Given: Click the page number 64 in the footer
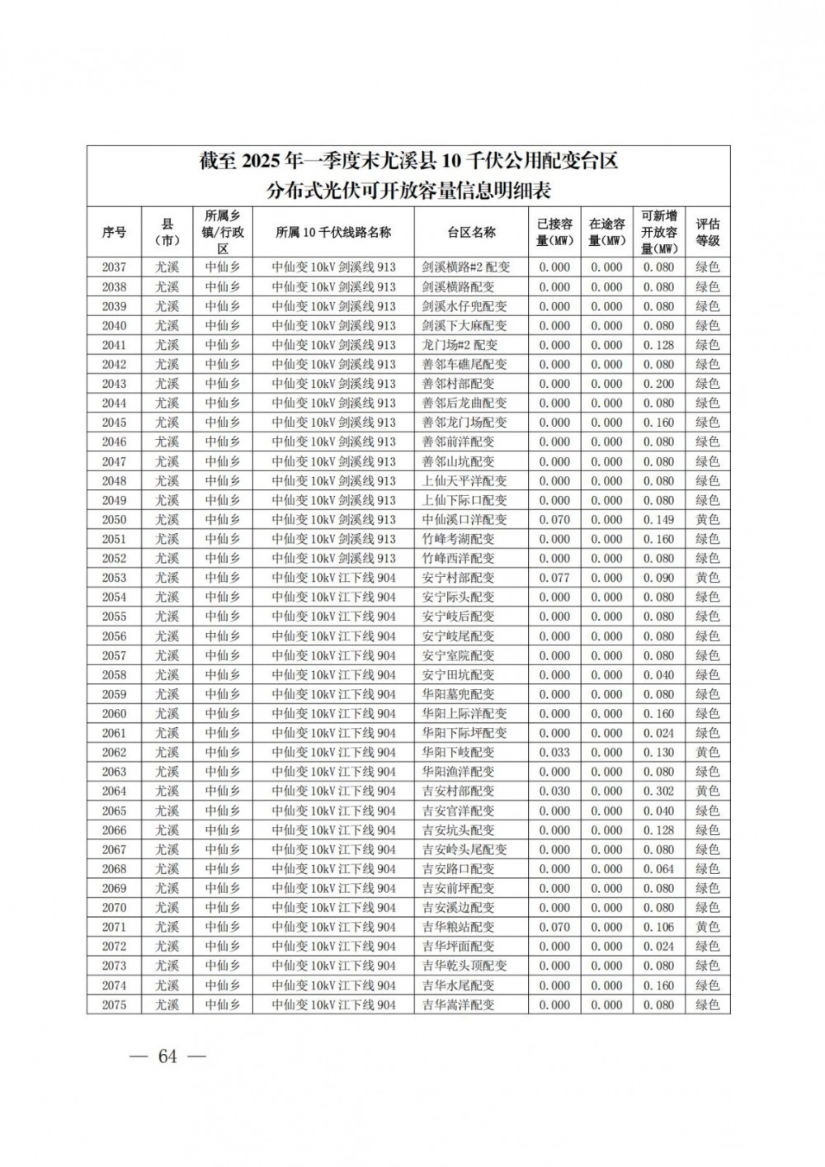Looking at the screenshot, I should point(167,1057).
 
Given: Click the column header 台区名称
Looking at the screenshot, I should point(471,233).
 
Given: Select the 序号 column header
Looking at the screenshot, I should point(114,233).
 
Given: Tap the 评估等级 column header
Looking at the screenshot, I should point(707,233).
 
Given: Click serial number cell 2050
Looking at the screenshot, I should point(114,520).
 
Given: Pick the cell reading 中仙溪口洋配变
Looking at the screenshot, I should point(464,520).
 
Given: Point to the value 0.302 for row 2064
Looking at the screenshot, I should point(658,791).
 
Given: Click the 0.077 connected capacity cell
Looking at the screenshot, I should point(554,578).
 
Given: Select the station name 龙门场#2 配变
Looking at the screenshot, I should point(460,345).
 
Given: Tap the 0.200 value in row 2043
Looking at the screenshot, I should point(658,384).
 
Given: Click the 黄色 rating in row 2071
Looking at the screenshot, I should point(707,927).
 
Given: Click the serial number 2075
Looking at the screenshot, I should point(114,1004).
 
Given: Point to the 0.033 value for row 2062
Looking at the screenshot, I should point(554,753).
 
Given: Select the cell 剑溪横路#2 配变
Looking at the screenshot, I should point(466,267).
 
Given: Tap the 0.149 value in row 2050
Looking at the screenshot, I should point(658,520).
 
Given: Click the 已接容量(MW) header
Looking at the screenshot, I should point(554,233).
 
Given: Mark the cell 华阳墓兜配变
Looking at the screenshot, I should point(459,694).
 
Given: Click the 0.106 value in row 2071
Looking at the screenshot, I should point(658,927).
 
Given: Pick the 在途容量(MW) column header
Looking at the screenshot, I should point(606,233).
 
